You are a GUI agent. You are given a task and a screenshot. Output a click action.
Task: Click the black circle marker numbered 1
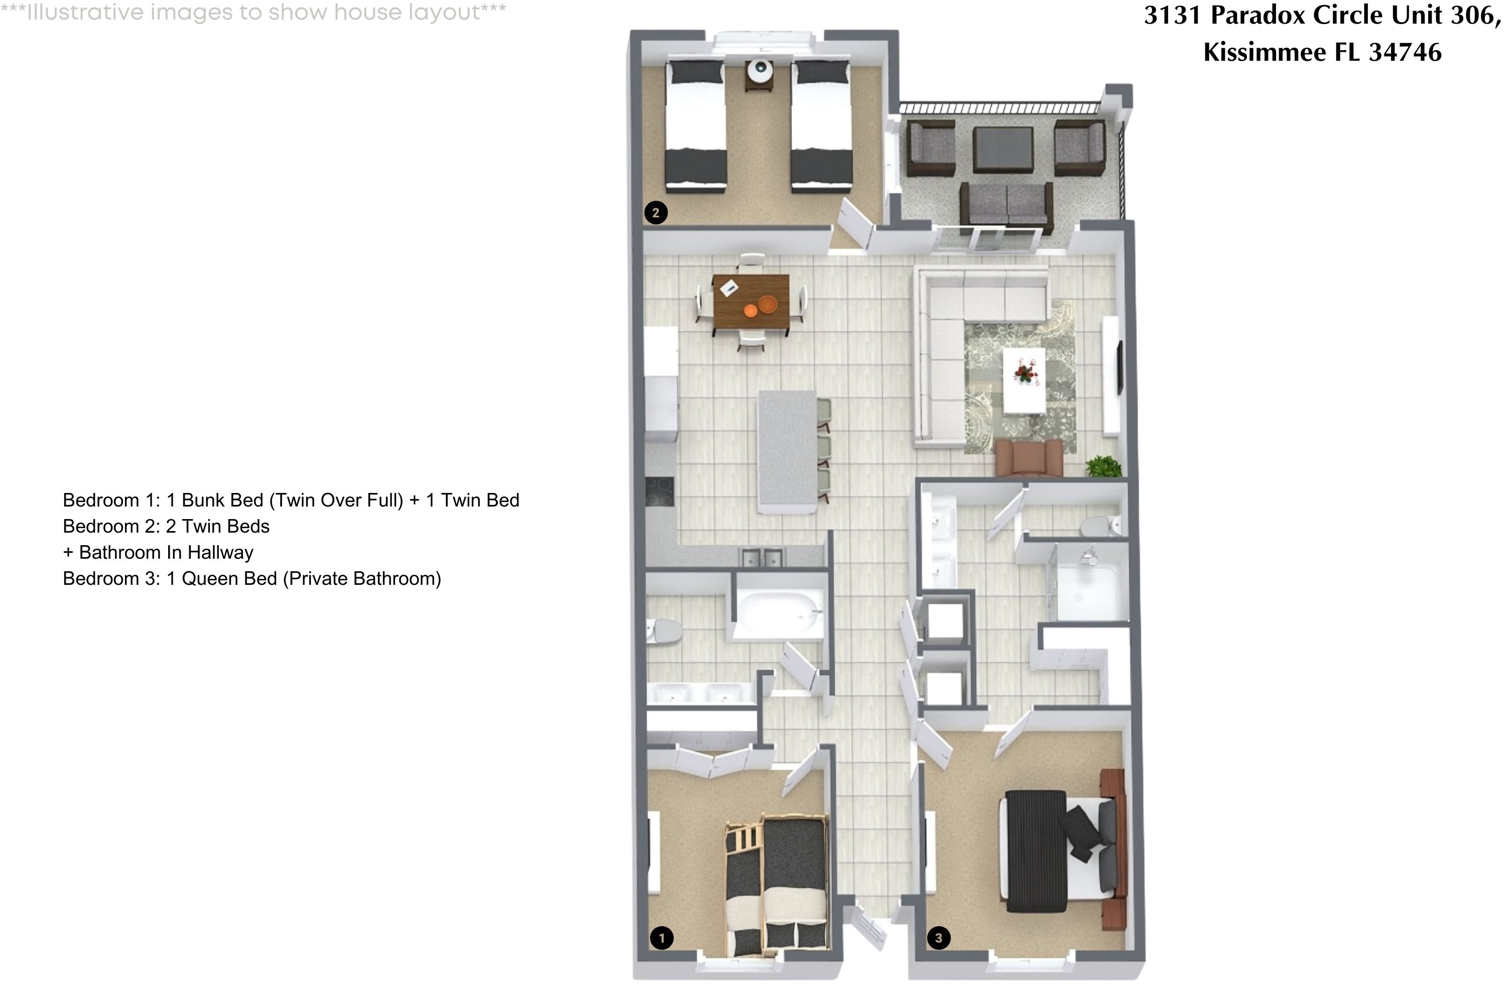point(662,938)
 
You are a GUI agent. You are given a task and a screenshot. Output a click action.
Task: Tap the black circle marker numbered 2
point(655,212)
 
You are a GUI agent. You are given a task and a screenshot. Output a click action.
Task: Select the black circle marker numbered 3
point(938,938)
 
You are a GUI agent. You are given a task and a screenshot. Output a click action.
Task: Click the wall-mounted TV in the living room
point(1120,368)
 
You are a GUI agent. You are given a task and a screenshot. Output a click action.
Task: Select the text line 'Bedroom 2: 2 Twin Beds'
point(166,526)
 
